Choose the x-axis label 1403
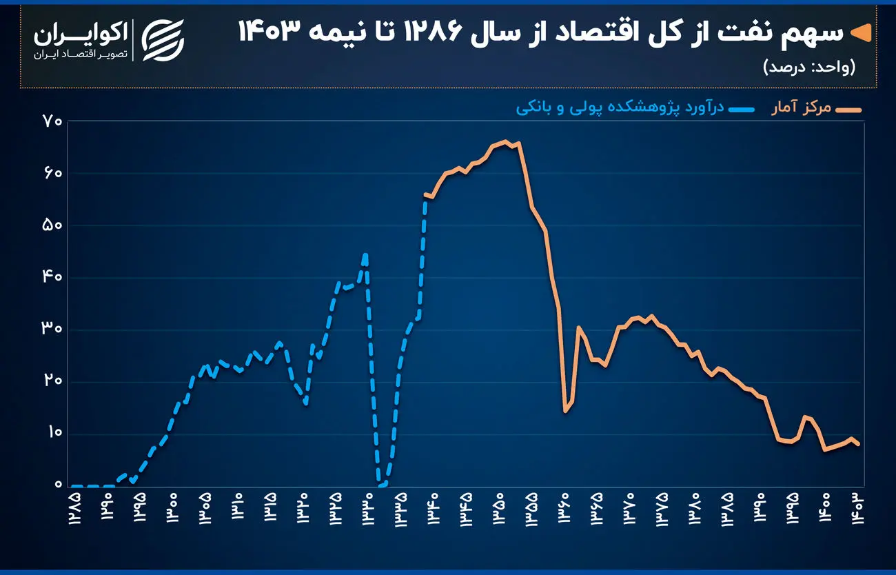coord(857,507)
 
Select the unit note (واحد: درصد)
coord(809,67)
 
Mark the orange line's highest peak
coord(505,141)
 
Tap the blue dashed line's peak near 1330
coord(365,254)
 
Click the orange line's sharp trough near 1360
coord(564,412)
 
